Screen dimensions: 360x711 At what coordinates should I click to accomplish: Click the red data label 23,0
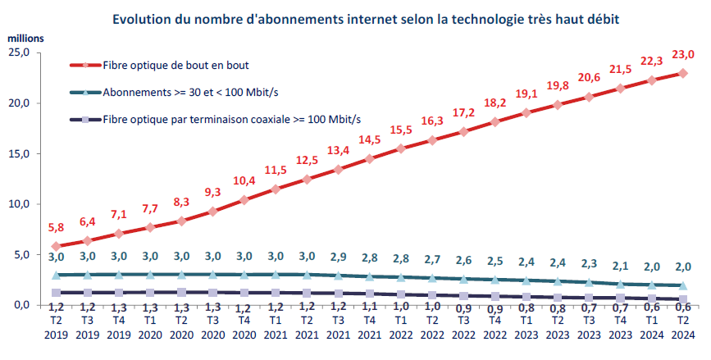pos(682,55)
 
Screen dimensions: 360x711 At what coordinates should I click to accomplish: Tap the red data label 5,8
pos(56,227)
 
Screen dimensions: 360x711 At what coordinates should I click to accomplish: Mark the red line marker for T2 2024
pos(682,73)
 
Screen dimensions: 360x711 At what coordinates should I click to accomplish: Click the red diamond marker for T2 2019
pos(56,246)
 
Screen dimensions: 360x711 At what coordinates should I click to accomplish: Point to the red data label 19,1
pos(526,93)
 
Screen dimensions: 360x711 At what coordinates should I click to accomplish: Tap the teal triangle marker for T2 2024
pos(682,285)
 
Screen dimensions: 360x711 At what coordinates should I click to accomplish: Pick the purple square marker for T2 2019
pos(56,293)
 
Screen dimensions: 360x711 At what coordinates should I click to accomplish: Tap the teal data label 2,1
pos(620,266)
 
